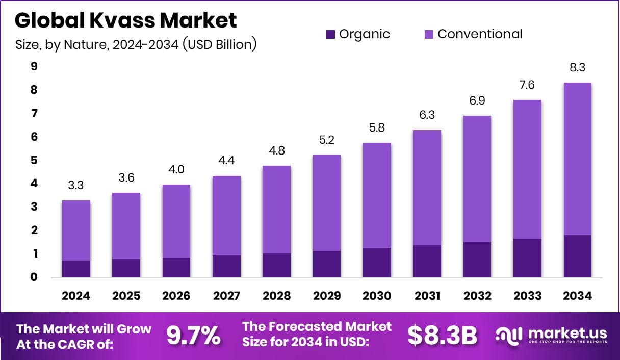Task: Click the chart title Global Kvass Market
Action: click(126, 20)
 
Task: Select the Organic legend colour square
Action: click(330, 35)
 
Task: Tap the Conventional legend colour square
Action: click(429, 35)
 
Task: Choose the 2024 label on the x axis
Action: click(76, 296)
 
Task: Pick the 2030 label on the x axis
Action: click(377, 296)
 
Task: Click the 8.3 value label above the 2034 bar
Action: click(577, 68)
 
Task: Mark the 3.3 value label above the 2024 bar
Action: click(76, 186)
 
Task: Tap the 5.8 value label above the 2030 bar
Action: click(377, 128)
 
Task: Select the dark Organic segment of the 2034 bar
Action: click(577, 256)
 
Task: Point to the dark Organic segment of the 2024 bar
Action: click(76, 269)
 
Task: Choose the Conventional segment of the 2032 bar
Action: click(477, 178)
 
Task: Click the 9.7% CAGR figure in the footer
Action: click(194, 336)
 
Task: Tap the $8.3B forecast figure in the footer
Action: click(442, 336)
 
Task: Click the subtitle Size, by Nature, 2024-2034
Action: click(136, 45)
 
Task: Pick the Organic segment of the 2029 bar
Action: click(326, 264)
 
